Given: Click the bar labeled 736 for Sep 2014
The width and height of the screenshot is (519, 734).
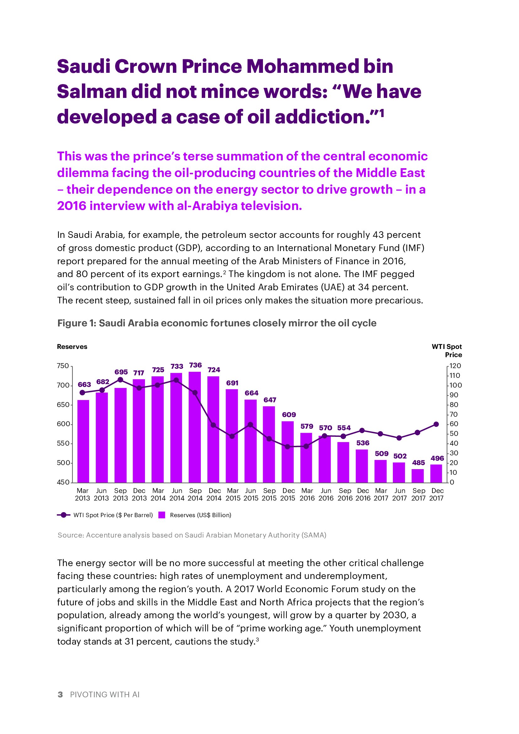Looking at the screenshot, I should [x=195, y=427].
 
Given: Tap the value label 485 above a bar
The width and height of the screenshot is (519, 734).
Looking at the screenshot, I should [x=418, y=463].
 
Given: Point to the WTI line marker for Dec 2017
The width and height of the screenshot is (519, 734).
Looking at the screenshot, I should [x=436, y=424].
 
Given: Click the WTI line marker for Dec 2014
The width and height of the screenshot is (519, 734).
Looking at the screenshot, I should [x=213, y=425].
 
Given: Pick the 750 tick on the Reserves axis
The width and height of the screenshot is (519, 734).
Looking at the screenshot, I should [x=63, y=366].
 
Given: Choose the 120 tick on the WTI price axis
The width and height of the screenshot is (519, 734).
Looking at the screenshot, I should [x=455, y=366].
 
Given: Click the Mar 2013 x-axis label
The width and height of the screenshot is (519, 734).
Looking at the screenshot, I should [x=83, y=494].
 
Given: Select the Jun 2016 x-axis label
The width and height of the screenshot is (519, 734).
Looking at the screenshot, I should [x=326, y=494].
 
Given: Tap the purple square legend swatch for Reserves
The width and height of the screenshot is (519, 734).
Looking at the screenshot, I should [x=162, y=515].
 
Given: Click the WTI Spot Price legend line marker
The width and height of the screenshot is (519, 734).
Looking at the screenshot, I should [x=64, y=515].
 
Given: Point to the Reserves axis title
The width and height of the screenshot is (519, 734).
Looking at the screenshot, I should [x=72, y=347].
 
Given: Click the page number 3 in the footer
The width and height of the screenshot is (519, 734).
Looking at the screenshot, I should [x=60, y=694].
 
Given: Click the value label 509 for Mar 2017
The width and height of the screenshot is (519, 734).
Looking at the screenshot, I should [x=382, y=454].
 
